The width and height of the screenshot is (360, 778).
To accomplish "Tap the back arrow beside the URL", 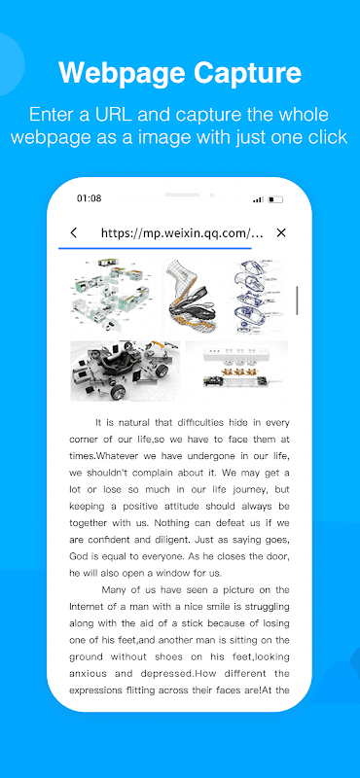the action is point(74,232).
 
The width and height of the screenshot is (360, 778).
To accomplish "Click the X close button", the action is point(281,232).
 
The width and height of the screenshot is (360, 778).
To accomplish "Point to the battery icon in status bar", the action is point(275,199).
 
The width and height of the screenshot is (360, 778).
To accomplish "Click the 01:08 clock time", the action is point(89,198).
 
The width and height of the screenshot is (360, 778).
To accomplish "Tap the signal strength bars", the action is point(258,199).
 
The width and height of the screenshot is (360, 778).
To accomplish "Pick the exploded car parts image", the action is point(125,371).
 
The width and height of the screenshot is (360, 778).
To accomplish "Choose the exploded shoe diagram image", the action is point(192,296).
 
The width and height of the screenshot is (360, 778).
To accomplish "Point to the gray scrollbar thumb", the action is point(297,301).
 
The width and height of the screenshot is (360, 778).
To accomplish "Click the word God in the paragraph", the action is point(79,555).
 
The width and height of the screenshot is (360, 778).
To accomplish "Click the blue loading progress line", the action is point(155,247).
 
